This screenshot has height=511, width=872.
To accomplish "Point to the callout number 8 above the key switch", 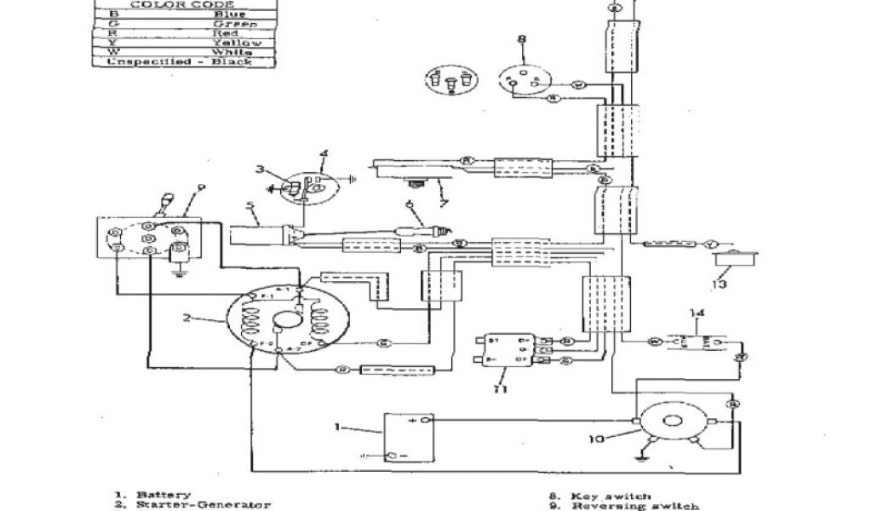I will (521, 38).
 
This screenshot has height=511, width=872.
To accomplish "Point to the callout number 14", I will (698, 313).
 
